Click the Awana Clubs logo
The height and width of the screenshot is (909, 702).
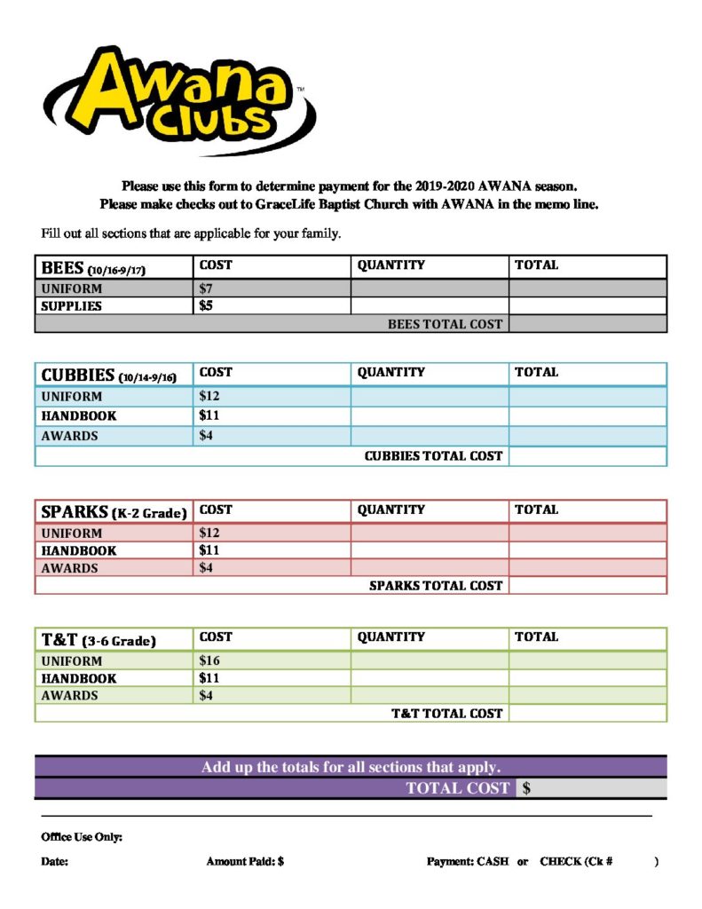click(177, 99)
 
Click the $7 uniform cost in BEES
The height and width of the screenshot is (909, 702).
click(206, 289)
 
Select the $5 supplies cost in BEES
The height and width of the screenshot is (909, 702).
click(206, 306)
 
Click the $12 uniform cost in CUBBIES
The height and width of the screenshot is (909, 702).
click(209, 396)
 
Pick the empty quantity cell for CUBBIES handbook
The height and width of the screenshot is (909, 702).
click(430, 415)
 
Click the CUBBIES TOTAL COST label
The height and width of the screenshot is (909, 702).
click(433, 456)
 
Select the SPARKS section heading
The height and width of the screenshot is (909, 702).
click(114, 512)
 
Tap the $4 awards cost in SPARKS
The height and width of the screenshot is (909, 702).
click(206, 568)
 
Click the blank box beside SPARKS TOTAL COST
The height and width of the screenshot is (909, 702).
click(587, 586)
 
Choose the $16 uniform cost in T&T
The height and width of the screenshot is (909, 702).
click(209, 660)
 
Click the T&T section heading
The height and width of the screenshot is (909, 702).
click(98, 640)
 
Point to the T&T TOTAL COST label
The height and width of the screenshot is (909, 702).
click(446, 714)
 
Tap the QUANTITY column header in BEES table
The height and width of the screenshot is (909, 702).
click(390, 265)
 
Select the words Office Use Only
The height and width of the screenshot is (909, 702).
click(82, 837)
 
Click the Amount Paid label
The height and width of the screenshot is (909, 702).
click(244, 862)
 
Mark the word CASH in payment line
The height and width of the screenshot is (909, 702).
click(493, 862)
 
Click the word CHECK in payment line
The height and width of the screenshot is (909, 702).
click(561, 862)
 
